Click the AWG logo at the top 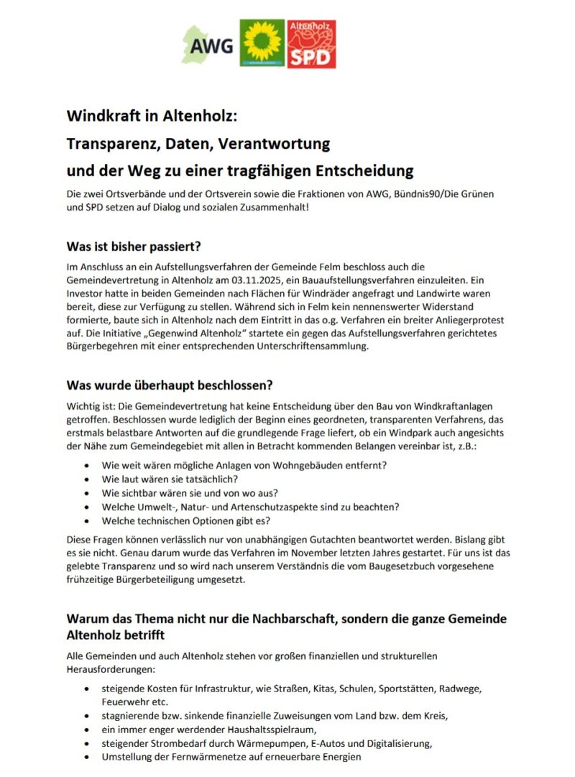(208, 45)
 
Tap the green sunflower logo (262, 44)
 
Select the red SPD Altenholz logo (312, 44)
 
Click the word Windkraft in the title (101, 116)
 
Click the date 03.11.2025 (272, 281)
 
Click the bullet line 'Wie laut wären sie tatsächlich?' (170, 479)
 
